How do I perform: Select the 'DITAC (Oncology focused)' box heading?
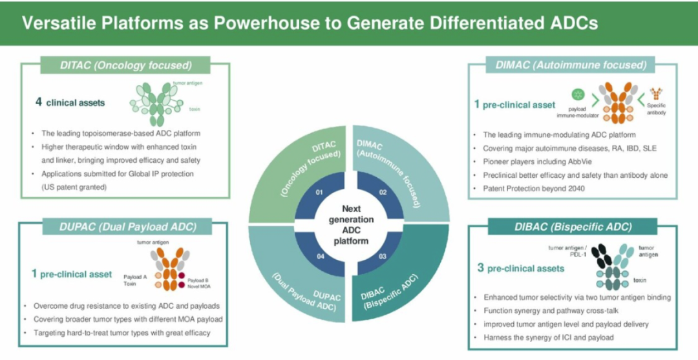(x=126, y=65)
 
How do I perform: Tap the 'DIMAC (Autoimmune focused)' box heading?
(x=571, y=65)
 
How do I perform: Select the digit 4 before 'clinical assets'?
(x=39, y=102)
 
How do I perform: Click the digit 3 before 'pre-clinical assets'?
(x=481, y=268)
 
